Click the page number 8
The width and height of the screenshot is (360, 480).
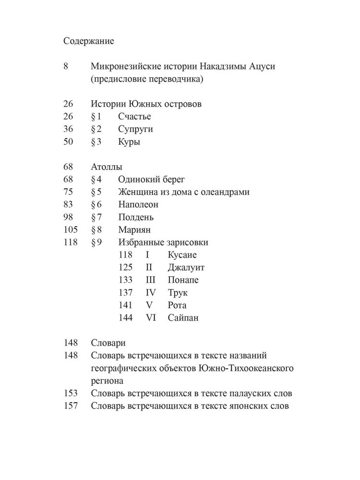(66, 67)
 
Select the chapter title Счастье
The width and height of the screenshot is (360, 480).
(134, 117)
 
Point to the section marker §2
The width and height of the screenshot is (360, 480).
(96, 129)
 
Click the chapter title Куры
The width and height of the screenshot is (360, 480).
(129, 142)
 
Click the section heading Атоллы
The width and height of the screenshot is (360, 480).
(106, 167)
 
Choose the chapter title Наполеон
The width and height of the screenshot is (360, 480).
(138, 205)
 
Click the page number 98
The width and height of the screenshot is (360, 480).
(68, 217)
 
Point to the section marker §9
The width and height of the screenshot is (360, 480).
(96, 242)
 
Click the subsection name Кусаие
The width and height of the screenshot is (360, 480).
(182, 255)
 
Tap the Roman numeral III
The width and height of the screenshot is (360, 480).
(151, 280)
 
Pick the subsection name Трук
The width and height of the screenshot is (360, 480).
(178, 292)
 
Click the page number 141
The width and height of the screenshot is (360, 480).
(125, 305)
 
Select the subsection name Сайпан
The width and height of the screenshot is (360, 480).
(183, 318)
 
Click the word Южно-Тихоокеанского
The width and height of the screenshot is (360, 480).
(245, 368)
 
